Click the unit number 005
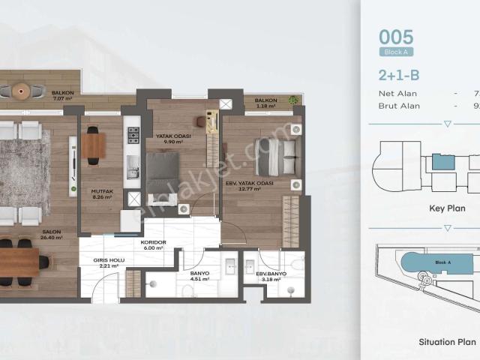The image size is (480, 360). point(396,36)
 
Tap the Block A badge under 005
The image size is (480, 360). point(397,52)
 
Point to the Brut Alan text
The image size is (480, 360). point(399,106)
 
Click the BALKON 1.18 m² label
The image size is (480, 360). point(265,103)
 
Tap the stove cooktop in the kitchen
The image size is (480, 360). point(133,135)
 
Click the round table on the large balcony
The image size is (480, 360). point(20,91)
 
